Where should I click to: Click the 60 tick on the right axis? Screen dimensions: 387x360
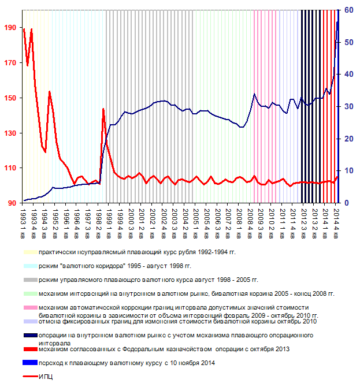pyautogui.click(x=348, y=10)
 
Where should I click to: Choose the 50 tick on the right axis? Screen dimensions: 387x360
pyautogui.click(x=348, y=42)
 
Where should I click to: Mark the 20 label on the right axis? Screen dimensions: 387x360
pyautogui.click(x=348, y=139)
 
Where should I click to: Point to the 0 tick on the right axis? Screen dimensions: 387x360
pyautogui.click(x=347, y=203)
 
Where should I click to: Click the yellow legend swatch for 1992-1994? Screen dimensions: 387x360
pyautogui.click(x=29, y=252)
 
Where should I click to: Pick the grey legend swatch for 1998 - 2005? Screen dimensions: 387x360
pyautogui.click(x=29, y=280)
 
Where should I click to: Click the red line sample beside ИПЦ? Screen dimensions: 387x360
pyautogui.click(x=29, y=377)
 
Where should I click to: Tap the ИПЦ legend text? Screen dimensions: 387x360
pyautogui.click(x=46, y=377)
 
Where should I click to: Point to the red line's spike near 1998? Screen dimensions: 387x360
pyautogui.click(x=103, y=109)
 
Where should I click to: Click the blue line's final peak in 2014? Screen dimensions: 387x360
pyautogui.click(x=337, y=22)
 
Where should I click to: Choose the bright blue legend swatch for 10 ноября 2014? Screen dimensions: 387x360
pyautogui.click(x=29, y=363)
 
